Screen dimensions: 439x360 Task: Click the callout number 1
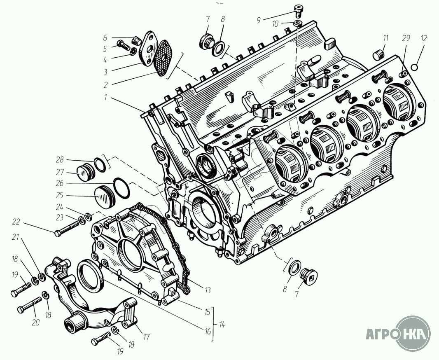coord(105,97)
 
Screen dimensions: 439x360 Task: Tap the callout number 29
coord(406,38)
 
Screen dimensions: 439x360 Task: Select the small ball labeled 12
coord(415,67)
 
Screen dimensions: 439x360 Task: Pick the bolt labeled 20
coord(29,304)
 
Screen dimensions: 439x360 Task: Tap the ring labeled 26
coord(121,188)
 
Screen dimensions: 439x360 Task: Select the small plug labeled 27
coord(86,173)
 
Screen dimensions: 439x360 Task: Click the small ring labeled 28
coord(100,165)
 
